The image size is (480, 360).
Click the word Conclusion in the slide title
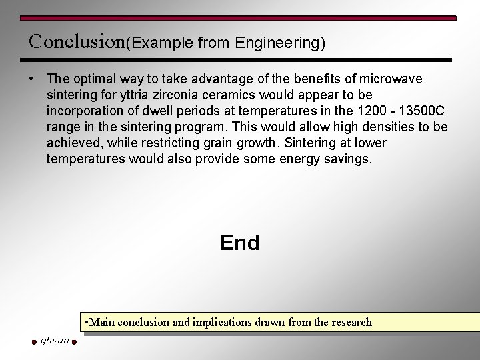point(77,41)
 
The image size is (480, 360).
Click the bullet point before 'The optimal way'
point(31,79)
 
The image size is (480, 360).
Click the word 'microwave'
point(393,79)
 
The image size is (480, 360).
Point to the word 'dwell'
point(155,111)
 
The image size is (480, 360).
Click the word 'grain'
point(244,143)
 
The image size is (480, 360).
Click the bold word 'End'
point(240,243)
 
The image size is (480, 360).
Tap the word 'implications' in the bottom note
point(223,323)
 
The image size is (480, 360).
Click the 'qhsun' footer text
point(55,341)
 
